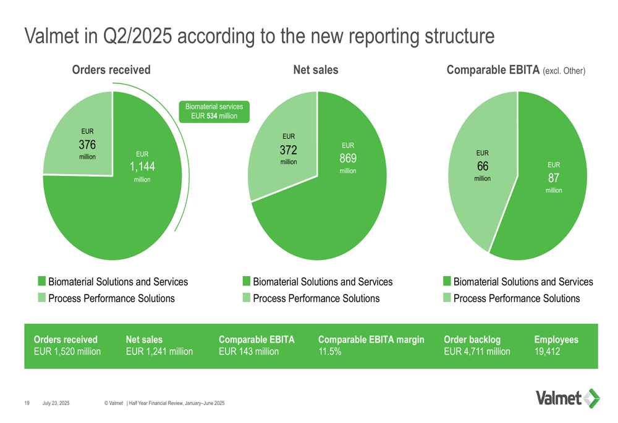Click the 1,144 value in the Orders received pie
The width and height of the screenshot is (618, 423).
(142, 166)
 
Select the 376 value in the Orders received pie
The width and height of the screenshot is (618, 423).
(87, 144)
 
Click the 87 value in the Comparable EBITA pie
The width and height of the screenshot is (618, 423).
(554, 178)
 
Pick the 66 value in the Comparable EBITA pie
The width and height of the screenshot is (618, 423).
(483, 166)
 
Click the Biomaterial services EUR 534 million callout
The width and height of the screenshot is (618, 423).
(214, 111)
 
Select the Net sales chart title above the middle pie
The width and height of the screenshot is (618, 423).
(316, 70)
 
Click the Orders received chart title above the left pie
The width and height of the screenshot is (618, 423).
(111, 70)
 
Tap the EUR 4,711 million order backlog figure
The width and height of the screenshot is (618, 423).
(477, 352)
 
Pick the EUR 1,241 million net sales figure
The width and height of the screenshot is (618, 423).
(159, 352)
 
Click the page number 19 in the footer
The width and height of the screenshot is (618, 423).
(27, 403)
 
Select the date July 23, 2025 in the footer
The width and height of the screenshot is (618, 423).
(56, 403)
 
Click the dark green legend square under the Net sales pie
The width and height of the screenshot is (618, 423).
(247, 282)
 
